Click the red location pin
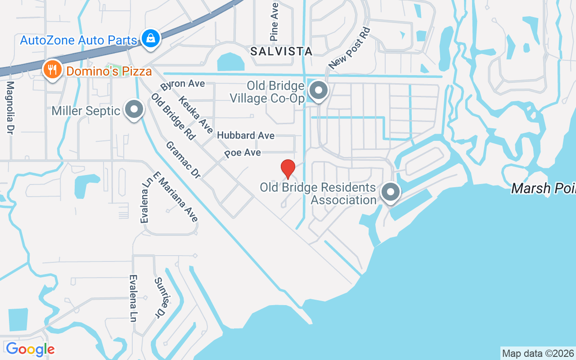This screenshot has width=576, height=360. coord(288,169)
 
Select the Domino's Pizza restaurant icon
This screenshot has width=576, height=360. coord(53,70)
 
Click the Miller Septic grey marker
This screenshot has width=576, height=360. coord(134,110)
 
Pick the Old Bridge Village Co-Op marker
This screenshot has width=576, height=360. coord(319,90)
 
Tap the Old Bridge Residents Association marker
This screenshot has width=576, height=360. coord(391,192)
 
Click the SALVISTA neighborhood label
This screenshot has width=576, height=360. coord(281,51)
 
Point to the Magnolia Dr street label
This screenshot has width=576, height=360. coord(10,108)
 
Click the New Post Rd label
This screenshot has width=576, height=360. coord(349,49)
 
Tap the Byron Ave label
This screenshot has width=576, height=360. coord(182,84)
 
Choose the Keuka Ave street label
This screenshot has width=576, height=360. coord(195,115)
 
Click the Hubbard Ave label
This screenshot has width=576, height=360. coord(246,135)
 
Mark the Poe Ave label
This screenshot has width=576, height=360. coord(243,153)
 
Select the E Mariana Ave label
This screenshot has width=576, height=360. coord(175,197)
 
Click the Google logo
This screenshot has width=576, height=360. coord(30,349)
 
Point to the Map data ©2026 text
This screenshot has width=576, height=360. coord(538,353)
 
